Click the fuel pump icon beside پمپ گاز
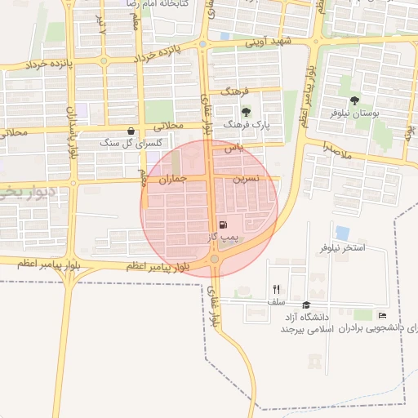click(224, 225)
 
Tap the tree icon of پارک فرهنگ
click(247, 112)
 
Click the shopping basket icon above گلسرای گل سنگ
click(131, 131)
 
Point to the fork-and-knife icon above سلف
click(276, 289)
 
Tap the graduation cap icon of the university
click(306, 305)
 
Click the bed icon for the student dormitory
click(382, 316)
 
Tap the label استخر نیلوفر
click(342, 247)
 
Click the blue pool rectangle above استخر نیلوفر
click(342, 233)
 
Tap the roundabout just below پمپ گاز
click(214, 259)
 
